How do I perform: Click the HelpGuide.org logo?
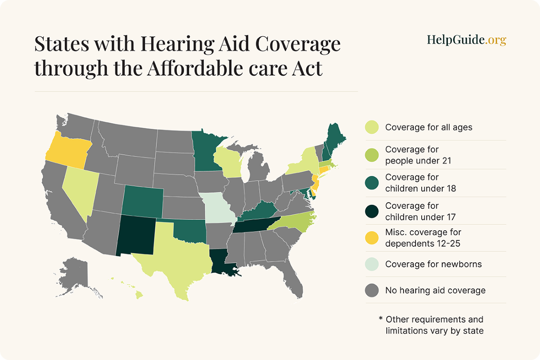466,40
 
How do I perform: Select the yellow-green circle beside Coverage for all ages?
371,127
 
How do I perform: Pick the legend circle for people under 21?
371,155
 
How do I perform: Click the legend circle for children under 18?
371,183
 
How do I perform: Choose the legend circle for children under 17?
371,211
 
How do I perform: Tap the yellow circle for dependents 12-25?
371,238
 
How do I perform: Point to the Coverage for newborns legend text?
433,264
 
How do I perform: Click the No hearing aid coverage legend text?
435,290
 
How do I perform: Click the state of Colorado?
143,201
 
